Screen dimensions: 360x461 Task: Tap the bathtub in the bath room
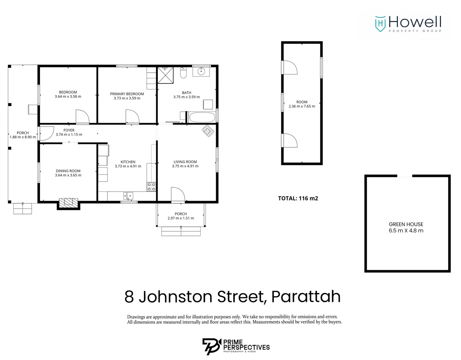202,117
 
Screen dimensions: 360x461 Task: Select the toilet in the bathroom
183,73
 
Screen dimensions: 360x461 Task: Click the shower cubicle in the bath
165,75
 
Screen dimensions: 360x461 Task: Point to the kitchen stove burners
151,187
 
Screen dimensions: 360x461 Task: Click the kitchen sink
128,196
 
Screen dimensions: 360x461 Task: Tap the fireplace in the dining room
68,202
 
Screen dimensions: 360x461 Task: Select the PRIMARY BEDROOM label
127,94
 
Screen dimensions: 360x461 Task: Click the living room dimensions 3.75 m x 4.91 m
185,166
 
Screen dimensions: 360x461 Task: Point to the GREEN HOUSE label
406,224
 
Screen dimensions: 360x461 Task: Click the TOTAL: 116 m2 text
298,198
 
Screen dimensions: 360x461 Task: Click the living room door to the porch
178,195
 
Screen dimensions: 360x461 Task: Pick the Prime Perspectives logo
236,346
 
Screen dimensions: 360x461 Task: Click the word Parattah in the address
306,297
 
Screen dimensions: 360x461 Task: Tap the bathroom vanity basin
201,71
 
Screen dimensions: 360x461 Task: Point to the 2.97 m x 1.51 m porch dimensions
181,218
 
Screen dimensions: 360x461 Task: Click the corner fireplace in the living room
208,130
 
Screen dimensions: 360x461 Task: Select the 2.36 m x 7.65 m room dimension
302,106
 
